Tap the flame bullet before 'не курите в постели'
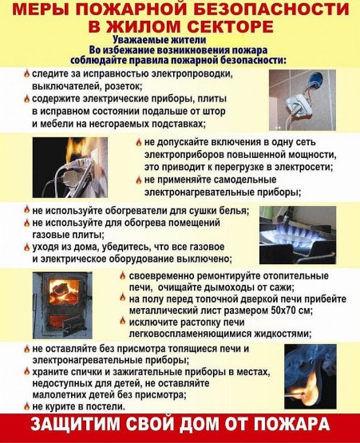(26, 406)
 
